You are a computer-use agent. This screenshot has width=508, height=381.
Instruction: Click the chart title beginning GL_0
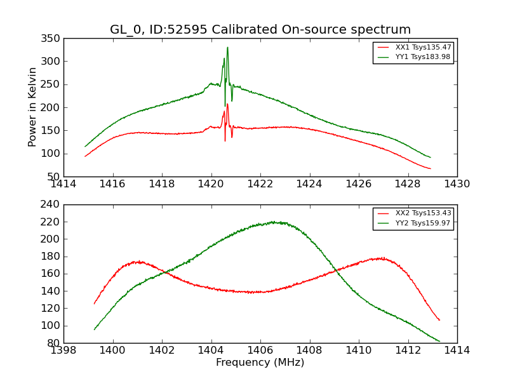[260, 30]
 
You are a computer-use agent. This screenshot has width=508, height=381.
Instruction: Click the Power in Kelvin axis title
[32, 107]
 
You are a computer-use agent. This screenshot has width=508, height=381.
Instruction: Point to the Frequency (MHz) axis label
[260, 363]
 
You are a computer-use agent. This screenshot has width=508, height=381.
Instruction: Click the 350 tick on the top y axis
[53, 39]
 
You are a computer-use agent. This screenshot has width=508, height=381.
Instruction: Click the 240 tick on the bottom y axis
[53, 204]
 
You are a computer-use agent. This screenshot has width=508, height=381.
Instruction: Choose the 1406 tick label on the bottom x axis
[260, 350]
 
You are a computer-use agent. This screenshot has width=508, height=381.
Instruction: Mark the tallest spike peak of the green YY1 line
[227, 47]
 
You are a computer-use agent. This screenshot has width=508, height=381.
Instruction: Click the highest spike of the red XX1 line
[227, 104]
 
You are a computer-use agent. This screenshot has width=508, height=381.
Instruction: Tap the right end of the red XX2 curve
[439, 320]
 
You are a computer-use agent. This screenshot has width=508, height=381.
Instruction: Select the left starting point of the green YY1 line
[85, 147]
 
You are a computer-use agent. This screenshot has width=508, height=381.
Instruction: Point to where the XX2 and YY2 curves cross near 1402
[163, 272]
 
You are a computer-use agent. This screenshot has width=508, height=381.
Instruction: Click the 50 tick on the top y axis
[55, 177]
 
